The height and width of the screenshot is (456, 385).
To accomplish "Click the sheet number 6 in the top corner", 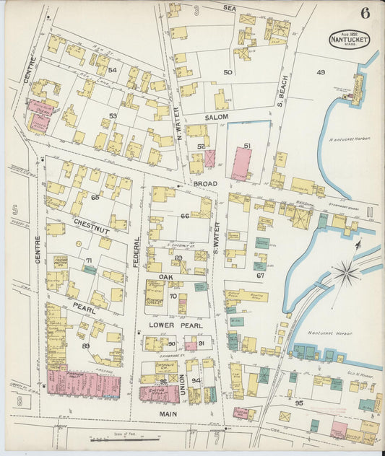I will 365,12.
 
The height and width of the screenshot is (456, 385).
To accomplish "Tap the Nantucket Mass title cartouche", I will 350,39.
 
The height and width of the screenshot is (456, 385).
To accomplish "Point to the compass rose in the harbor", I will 347,273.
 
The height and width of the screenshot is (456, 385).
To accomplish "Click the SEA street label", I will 230,7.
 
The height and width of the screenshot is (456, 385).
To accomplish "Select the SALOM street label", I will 216,117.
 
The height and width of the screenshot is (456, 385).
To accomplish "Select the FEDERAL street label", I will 136,253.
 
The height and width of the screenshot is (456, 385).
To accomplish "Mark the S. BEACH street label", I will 284,92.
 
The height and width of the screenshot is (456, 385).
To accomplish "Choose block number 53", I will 113,115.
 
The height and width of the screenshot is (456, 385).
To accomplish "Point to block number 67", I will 261,276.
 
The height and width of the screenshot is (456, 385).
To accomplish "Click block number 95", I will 299,403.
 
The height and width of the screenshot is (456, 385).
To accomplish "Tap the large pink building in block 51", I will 241,163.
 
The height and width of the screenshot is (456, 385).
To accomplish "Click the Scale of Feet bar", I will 123,436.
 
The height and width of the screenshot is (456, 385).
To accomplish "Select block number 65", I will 95,197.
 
